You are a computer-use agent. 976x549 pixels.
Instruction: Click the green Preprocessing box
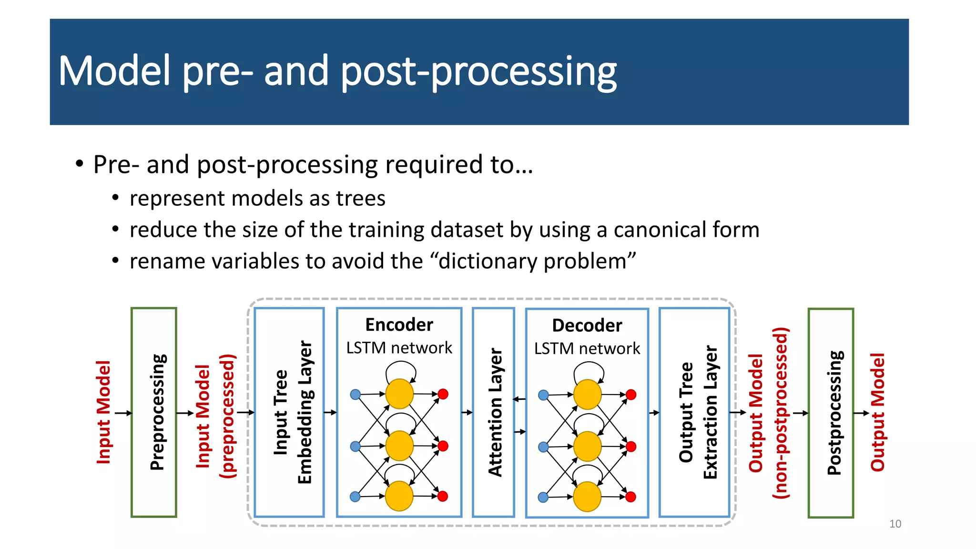[x=154, y=412]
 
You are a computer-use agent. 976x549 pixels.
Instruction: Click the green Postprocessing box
[x=831, y=413]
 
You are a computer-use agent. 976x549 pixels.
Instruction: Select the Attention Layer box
[x=494, y=412]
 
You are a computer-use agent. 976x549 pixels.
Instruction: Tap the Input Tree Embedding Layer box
[x=289, y=412]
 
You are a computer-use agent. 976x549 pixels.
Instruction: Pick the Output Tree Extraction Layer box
[x=694, y=412]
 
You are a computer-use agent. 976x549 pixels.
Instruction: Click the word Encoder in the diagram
[x=399, y=325]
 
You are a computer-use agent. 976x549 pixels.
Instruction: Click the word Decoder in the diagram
[x=587, y=325]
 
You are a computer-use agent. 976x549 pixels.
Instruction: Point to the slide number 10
[x=895, y=524]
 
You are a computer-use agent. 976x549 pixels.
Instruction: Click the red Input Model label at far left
[x=103, y=412]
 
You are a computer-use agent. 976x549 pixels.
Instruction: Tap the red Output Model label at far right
[x=877, y=412]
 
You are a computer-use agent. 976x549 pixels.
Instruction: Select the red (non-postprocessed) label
[x=780, y=413]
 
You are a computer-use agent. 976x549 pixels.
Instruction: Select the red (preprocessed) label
[x=227, y=416]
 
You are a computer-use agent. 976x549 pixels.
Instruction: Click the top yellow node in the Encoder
[x=399, y=394]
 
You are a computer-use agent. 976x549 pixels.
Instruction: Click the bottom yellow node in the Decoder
[x=587, y=497]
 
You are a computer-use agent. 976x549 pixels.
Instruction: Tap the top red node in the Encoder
[x=443, y=394]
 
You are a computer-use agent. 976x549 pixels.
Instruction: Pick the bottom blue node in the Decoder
[x=543, y=498]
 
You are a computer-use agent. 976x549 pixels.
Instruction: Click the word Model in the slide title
[x=114, y=71]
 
